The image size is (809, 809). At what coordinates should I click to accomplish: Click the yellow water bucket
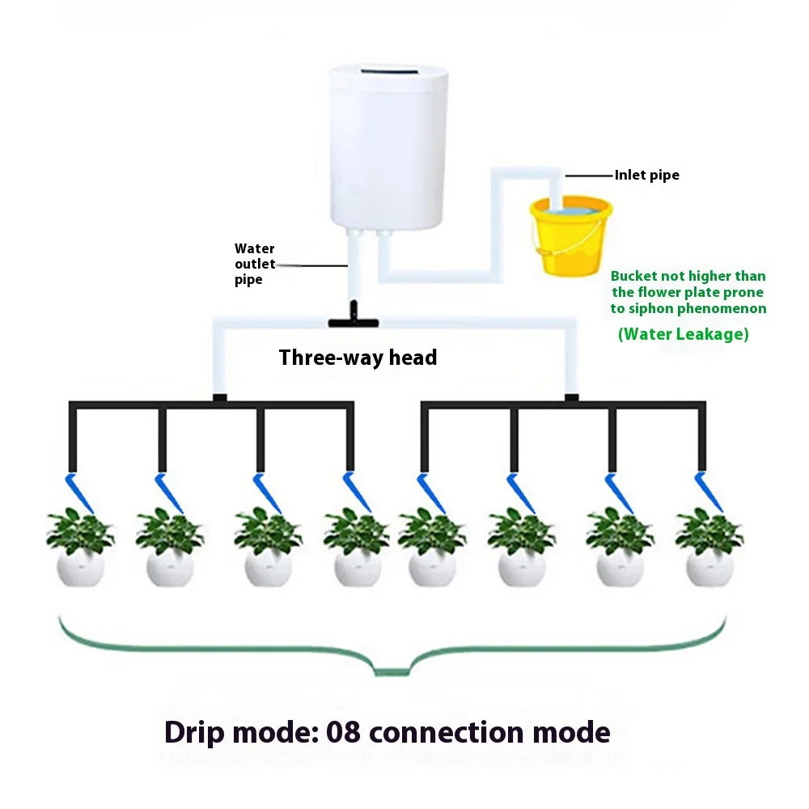pos(570,243)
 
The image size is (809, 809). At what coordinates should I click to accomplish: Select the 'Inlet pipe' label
pos(646,175)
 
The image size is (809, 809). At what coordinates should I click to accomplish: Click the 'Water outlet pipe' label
pos(255,264)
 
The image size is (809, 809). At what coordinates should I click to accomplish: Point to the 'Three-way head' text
pos(358,358)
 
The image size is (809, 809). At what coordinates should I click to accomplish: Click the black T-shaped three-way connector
pos(354,320)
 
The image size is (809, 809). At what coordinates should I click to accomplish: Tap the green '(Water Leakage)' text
pos(683,333)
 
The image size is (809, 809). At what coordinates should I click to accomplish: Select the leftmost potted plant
pos(80,546)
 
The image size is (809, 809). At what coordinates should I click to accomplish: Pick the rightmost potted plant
pos(709,546)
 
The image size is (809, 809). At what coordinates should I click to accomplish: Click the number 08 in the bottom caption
pos(346,732)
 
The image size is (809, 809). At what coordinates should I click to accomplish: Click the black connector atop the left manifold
pos(218,397)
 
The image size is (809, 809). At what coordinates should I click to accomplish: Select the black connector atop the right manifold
pos(571,397)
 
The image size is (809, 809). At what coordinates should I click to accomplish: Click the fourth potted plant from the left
pos(356,546)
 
